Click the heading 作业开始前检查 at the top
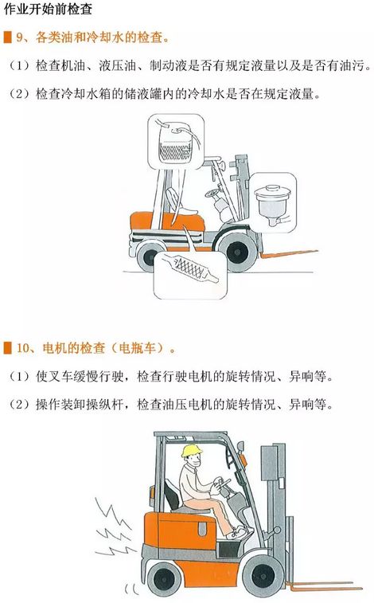pyautogui.click(x=48, y=9)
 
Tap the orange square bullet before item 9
pyautogui.click(x=8, y=37)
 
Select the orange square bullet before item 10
pyautogui.click(x=8, y=347)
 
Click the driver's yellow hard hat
pyautogui.click(x=191, y=450)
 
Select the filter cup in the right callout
pyautogui.click(x=273, y=203)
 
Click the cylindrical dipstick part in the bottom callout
pyautogui.click(x=189, y=268)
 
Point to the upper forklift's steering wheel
pyautogui.click(x=212, y=193)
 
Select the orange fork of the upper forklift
pyautogui.click(x=289, y=254)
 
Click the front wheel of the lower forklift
pyautogui.click(x=263, y=576)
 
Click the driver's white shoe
pyautogui.click(x=239, y=532)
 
